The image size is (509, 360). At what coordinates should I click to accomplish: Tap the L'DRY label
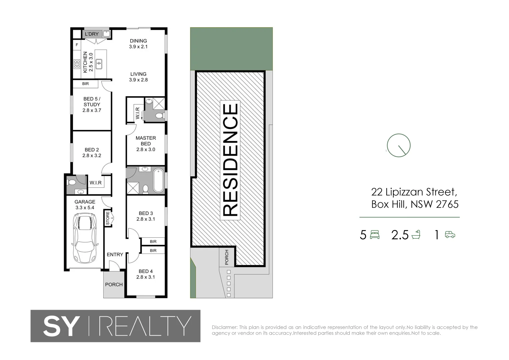[92, 34]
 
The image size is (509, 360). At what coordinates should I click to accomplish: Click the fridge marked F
[77, 45]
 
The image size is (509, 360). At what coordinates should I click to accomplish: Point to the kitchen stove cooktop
[77, 64]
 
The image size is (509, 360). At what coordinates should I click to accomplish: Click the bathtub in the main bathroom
[158, 180]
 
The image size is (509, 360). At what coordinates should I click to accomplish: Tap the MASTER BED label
[146, 141]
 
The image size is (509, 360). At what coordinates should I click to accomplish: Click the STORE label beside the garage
[108, 218]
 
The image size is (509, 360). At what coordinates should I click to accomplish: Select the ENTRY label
[115, 254]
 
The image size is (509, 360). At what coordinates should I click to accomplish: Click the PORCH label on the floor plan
[114, 284]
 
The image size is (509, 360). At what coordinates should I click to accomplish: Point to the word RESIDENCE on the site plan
[230, 160]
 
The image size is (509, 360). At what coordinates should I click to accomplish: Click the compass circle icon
[398, 145]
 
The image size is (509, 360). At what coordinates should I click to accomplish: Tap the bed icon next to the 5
[375, 235]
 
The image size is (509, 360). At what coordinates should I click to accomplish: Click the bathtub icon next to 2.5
[416, 235]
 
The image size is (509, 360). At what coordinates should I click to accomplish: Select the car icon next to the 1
[450, 235]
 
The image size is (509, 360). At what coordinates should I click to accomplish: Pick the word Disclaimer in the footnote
[224, 327]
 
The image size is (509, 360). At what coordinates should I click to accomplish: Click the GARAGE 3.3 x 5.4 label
[85, 204]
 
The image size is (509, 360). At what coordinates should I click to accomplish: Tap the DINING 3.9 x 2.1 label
[138, 44]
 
